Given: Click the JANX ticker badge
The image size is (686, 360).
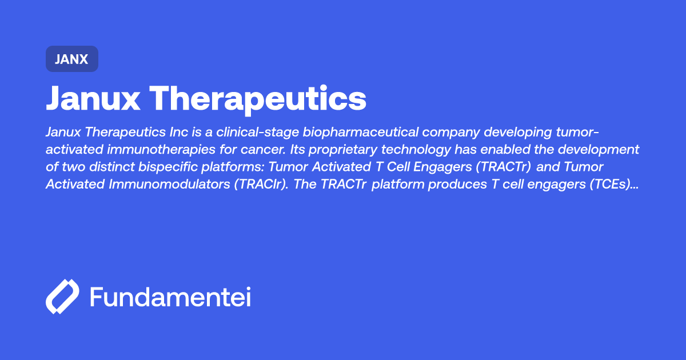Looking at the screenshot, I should (72, 59).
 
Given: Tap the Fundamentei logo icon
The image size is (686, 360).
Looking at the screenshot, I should (62, 297).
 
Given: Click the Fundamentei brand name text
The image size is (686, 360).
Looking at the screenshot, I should (170, 297).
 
